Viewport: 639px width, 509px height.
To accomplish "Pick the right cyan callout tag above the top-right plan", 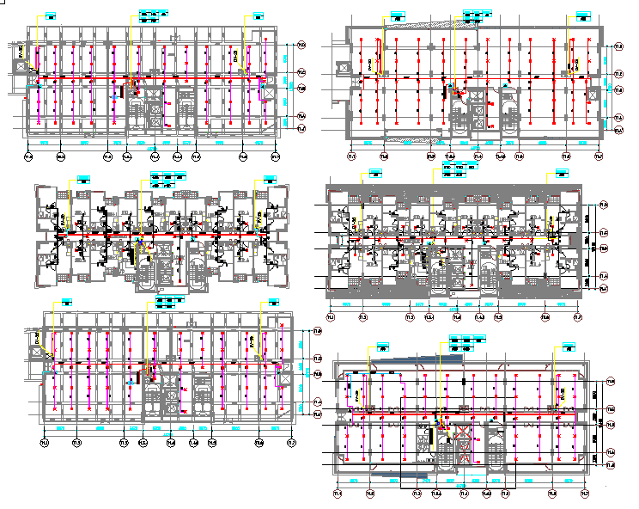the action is point(584,15).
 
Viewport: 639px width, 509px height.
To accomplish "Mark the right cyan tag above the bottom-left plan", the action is point(274,302).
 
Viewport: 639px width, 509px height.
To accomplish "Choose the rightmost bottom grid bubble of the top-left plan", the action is point(276,156).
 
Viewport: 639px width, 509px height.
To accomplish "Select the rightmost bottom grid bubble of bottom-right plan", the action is point(585,494).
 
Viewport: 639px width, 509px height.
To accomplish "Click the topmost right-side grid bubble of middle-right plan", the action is point(603,205).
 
